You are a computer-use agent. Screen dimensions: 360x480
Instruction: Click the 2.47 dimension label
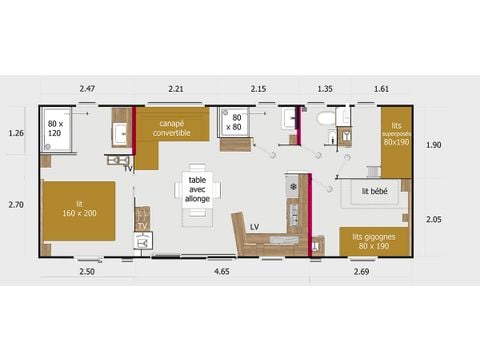pyautogui.click(x=87, y=90)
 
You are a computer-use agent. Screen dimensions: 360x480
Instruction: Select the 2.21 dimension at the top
pyautogui.click(x=176, y=90)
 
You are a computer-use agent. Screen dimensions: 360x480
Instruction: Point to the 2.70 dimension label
pyautogui.click(x=15, y=205)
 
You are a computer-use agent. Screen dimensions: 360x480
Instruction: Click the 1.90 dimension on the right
pyautogui.click(x=434, y=145)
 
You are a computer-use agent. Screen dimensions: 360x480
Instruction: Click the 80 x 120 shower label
pyautogui.click(x=55, y=127)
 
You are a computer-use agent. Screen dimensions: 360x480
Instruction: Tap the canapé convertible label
pyautogui.click(x=171, y=128)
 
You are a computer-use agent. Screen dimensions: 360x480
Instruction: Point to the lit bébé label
pyautogui.click(x=375, y=190)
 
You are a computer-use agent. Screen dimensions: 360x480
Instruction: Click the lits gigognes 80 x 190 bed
pyautogui.click(x=373, y=241)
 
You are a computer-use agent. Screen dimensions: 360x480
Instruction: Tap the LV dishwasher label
pyautogui.click(x=255, y=227)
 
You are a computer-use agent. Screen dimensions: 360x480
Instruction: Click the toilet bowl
pyautogui.click(x=325, y=119)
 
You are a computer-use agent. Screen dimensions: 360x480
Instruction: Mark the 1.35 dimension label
pyautogui.click(x=324, y=90)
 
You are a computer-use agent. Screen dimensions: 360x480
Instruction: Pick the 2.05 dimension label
pyautogui.click(x=434, y=219)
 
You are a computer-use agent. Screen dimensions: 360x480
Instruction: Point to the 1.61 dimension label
pyautogui.click(x=382, y=90)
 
